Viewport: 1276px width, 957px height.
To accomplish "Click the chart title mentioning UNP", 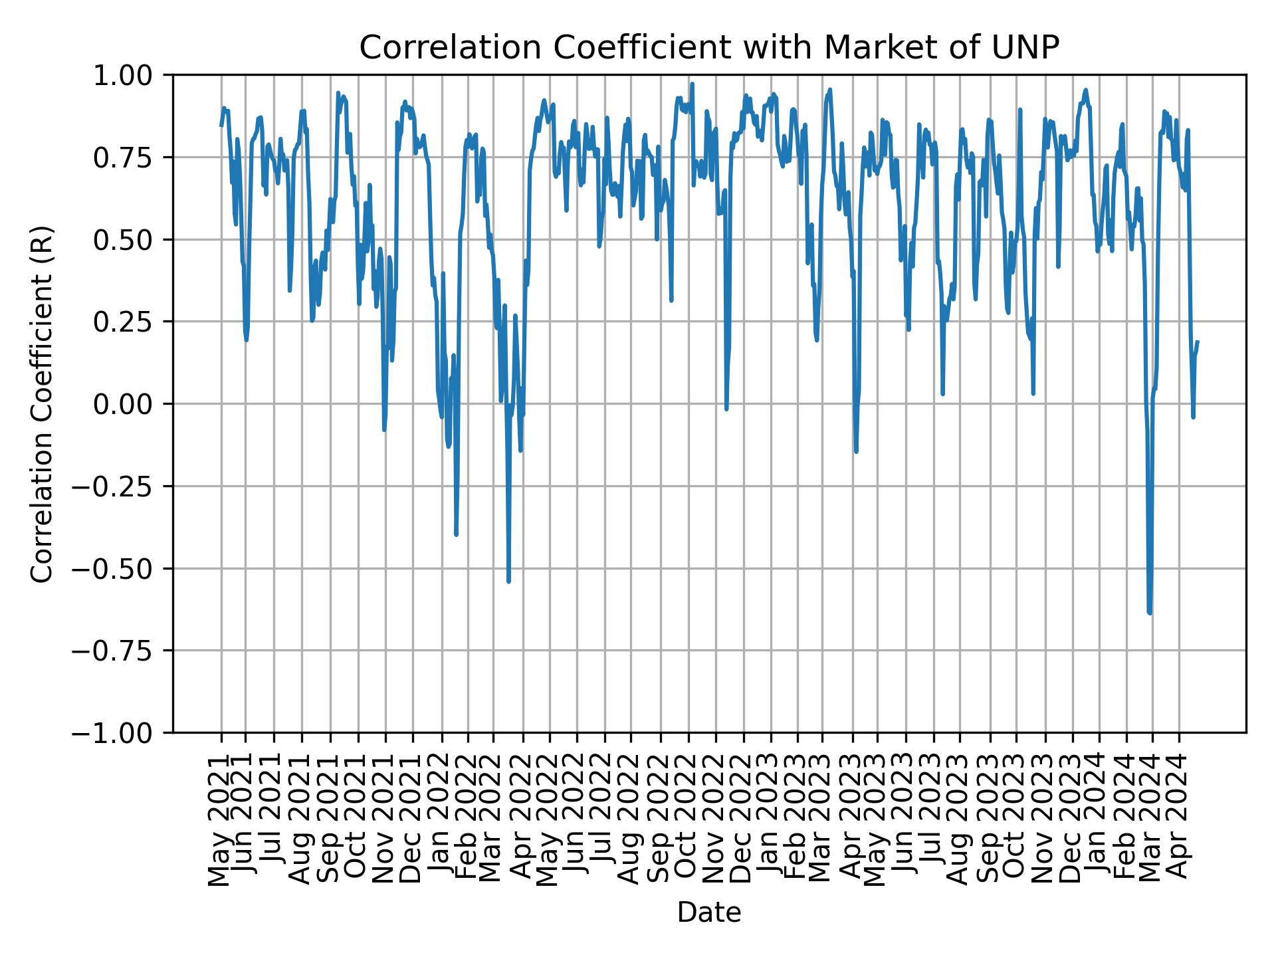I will pyautogui.click(x=708, y=48).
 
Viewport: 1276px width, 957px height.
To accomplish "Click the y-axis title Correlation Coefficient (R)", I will pyautogui.click(x=42, y=403).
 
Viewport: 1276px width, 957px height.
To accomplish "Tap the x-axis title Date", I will pyautogui.click(x=708, y=912).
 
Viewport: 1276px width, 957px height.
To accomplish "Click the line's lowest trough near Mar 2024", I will pyautogui.click(x=1150, y=613).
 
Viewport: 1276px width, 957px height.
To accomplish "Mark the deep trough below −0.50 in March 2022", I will pyautogui.click(x=508, y=582).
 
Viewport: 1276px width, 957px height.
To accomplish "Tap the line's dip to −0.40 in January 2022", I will pyautogui.click(x=456, y=534).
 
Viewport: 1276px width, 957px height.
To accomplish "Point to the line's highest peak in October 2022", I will pyautogui.click(x=692, y=84).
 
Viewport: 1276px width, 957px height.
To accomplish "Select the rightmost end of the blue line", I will pyautogui.click(x=1198, y=342).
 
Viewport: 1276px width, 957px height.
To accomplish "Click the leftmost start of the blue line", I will pyautogui.click(x=221, y=126).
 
